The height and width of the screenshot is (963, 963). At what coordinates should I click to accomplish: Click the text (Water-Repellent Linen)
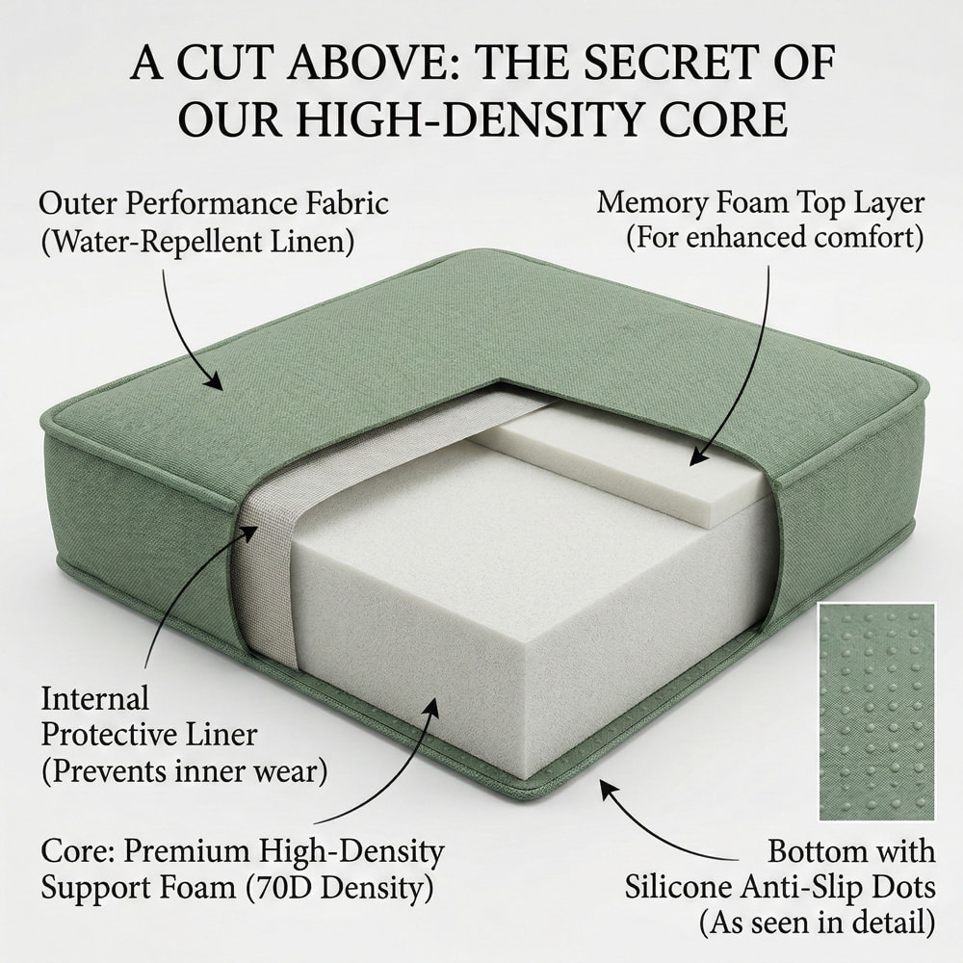click(196, 242)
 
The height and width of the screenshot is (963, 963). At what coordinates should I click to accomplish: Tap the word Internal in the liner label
click(95, 697)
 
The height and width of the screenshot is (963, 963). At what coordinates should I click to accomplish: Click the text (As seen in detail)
click(817, 924)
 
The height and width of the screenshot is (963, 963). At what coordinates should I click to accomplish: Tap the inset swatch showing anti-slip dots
click(875, 711)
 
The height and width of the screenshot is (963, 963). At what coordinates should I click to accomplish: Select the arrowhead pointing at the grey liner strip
click(254, 530)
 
